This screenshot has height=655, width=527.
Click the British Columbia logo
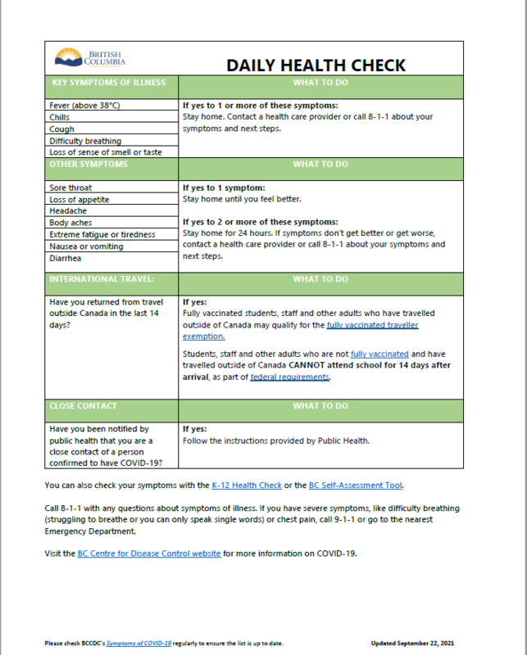[x=90, y=58]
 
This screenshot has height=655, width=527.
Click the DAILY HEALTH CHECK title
[x=316, y=65]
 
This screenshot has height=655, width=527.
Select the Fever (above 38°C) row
[x=85, y=106]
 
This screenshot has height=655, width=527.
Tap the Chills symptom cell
[x=60, y=117]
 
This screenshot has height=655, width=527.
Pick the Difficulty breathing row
[x=85, y=141]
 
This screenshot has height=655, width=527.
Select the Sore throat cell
[x=70, y=187]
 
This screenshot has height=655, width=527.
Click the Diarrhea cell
[x=65, y=258]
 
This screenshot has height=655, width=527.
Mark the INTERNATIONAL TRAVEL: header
[x=102, y=279]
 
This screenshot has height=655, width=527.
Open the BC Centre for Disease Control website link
[x=148, y=553]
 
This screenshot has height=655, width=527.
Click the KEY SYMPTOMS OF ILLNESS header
[x=108, y=83]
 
